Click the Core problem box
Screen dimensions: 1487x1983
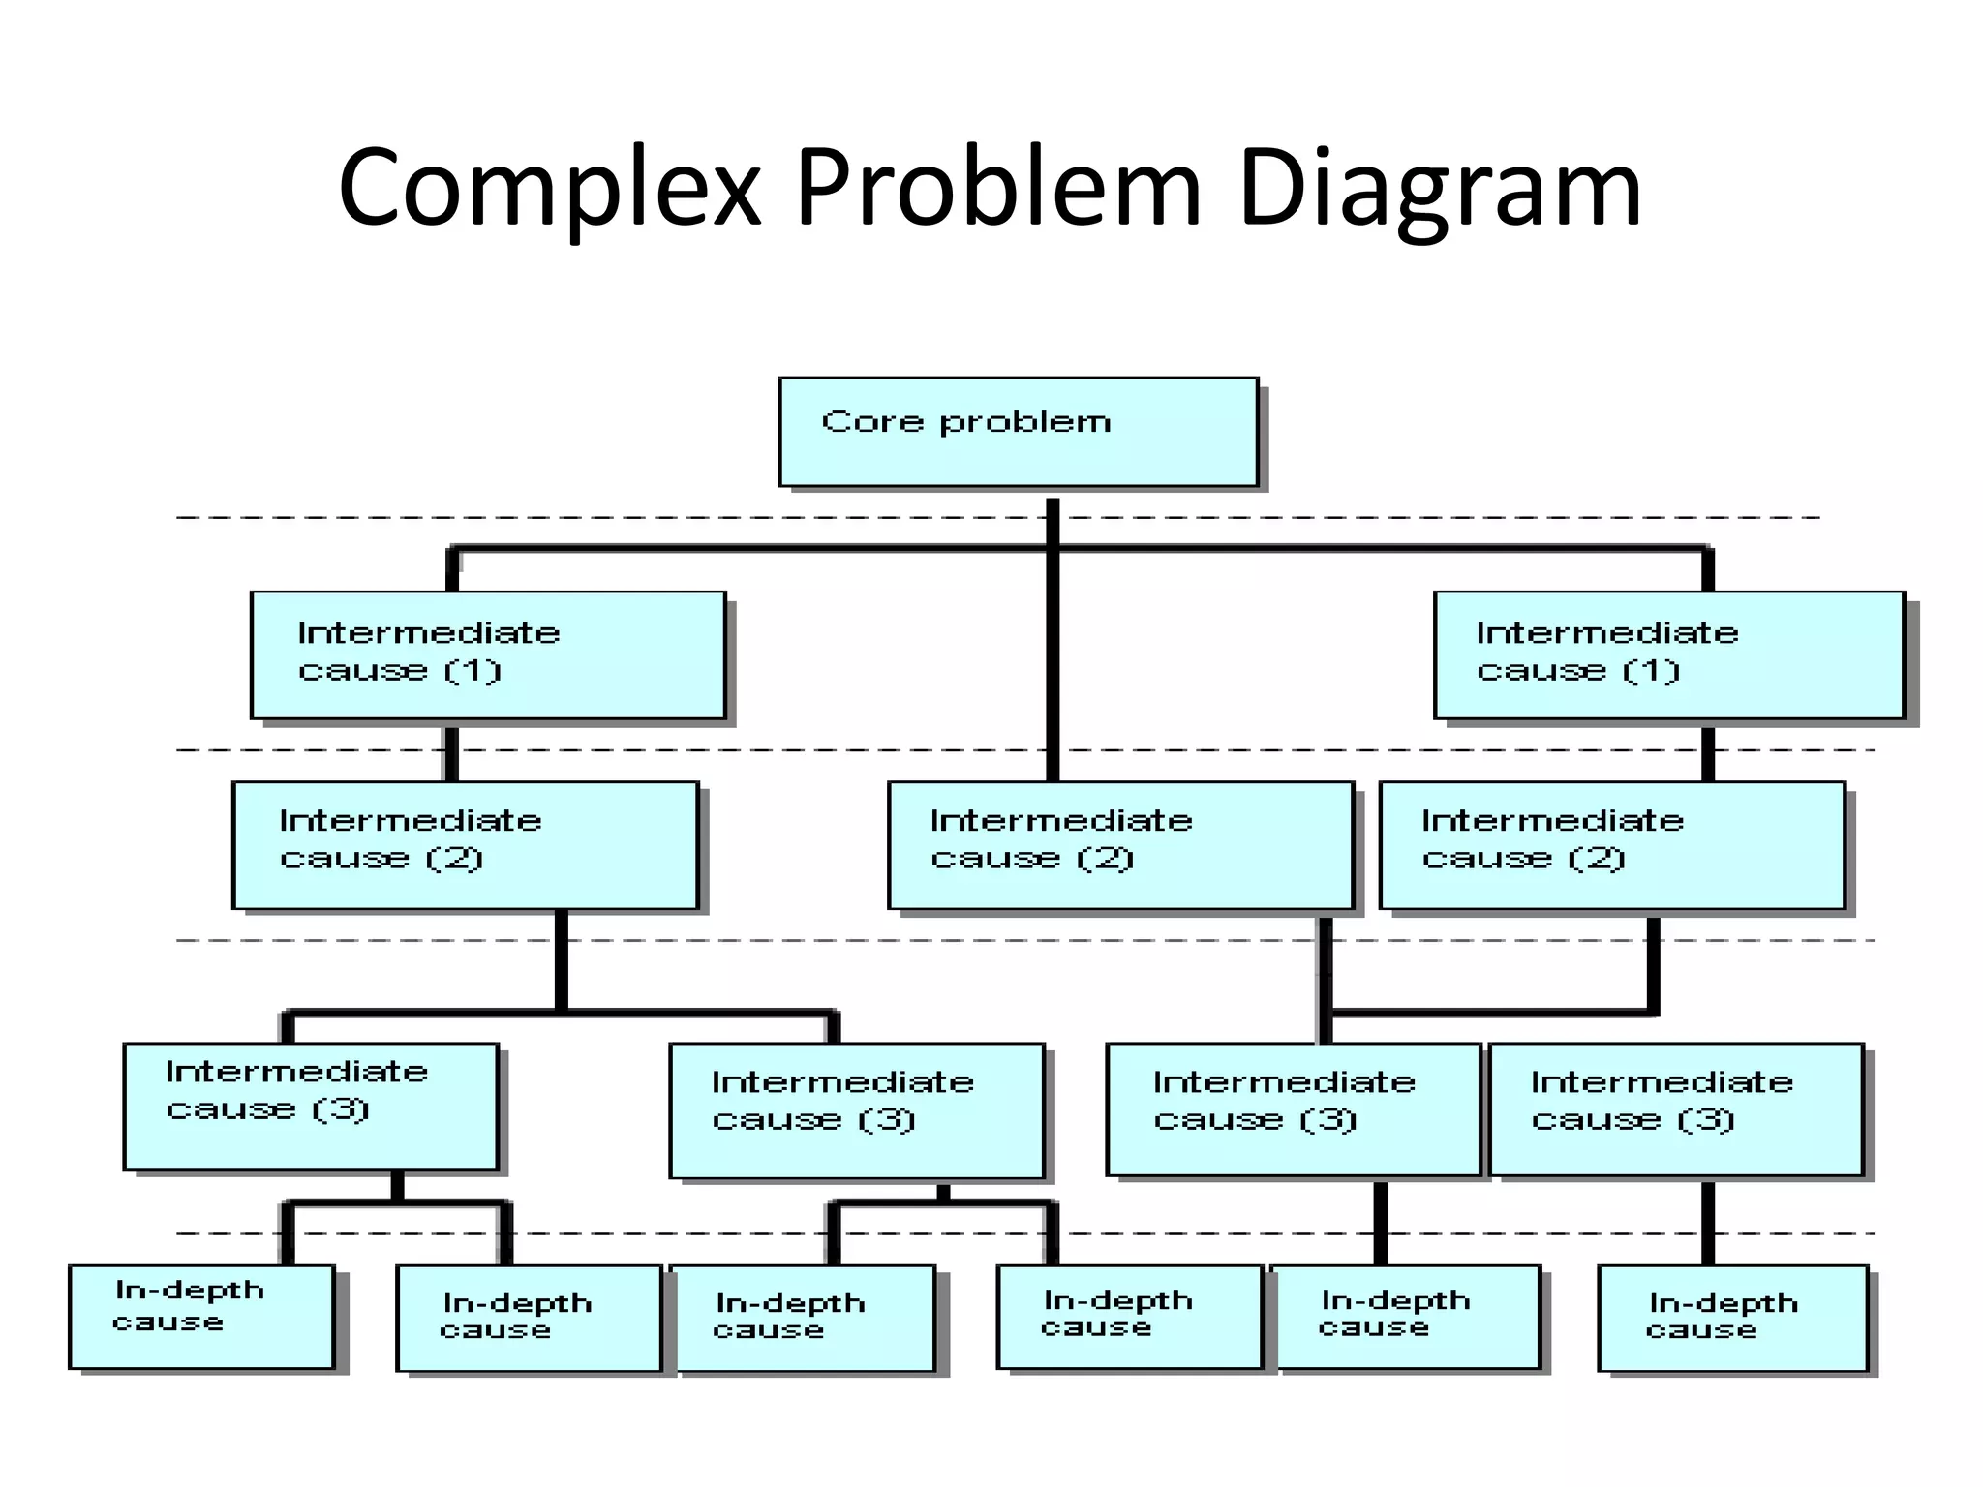pos(1018,432)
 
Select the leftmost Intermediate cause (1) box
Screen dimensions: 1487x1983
pos(488,655)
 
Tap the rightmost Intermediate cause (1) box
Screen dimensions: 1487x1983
pos(1668,655)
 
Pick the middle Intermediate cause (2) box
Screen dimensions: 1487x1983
pos(1120,845)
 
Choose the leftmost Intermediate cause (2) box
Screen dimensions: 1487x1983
pos(465,845)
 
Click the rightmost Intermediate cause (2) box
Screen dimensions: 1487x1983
pos(1612,845)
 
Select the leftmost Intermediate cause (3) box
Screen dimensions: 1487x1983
pos(311,1107)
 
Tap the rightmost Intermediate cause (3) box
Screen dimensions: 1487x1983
pos(1676,1109)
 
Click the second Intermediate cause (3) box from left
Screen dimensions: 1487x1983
pos(857,1110)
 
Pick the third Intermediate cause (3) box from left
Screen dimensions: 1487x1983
pos(1294,1109)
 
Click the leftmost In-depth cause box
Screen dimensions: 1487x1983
pos(201,1317)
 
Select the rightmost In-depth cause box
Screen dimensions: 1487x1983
pos(1732,1319)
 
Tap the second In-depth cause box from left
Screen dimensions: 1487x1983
pos(529,1319)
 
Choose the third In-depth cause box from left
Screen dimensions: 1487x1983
pos(804,1319)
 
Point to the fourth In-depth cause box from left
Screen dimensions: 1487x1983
pos(1129,1317)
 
